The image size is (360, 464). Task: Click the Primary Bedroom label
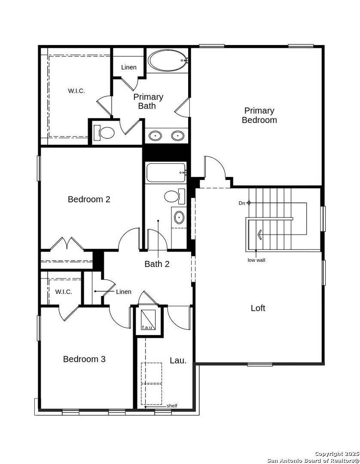(x=259, y=116)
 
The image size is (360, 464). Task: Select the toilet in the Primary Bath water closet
(x=105, y=133)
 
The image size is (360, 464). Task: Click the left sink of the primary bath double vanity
(x=155, y=136)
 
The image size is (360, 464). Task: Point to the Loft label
(x=258, y=308)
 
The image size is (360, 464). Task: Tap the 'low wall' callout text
(x=256, y=260)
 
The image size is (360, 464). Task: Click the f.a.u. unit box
(x=148, y=320)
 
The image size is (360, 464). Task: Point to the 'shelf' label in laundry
(x=171, y=406)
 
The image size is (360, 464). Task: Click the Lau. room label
(x=178, y=360)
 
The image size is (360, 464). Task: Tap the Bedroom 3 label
(x=84, y=359)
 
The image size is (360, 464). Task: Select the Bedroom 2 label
(x=89, y=199)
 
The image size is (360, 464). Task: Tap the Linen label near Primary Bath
(x=128, y=67)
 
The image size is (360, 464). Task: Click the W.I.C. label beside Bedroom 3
(x=63, y=292)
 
